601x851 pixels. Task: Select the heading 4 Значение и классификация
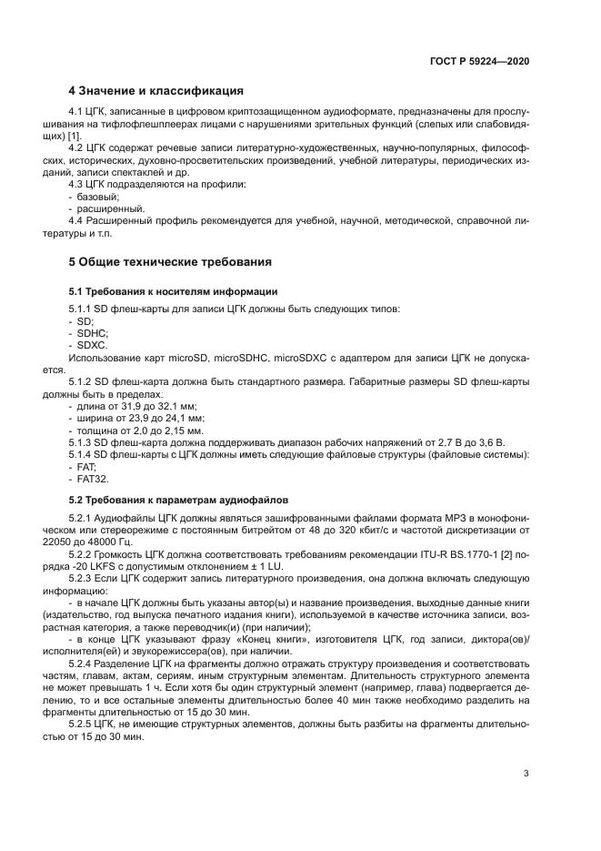(155, 91)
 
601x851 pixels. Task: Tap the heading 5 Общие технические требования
(171, 262)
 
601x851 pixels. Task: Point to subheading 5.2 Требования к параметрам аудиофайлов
(179, 500)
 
